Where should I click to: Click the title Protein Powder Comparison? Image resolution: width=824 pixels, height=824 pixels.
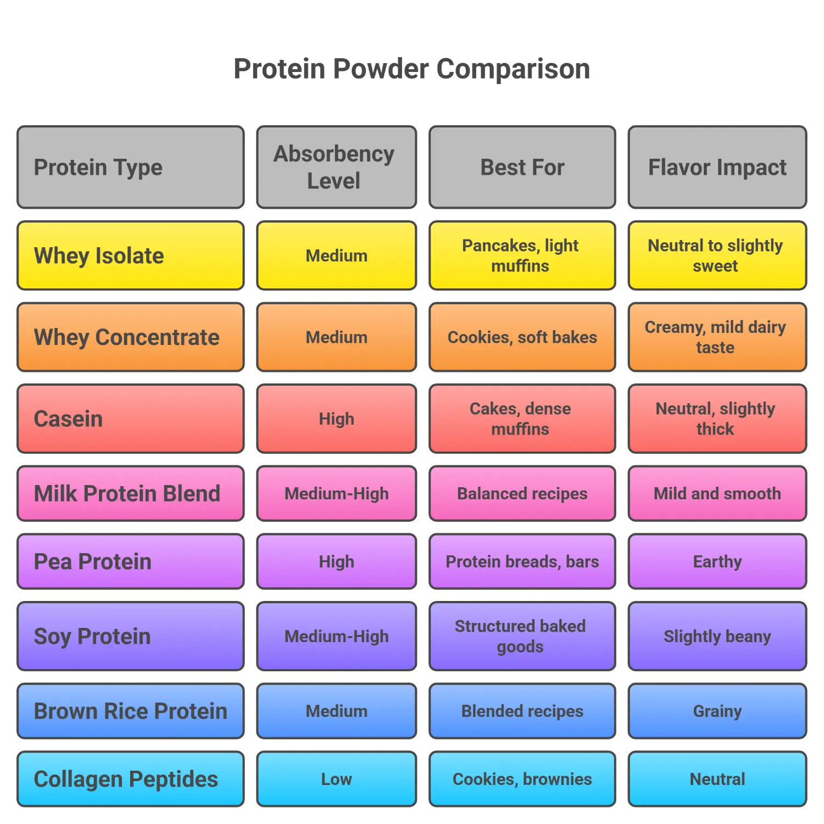pos(411,69)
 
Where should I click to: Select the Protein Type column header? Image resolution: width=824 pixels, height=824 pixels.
pos(130,167)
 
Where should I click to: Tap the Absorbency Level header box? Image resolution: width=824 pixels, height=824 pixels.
pos(336,167)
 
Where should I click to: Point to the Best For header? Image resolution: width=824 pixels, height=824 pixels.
pos(522,167)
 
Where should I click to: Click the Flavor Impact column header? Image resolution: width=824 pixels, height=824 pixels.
pos(717,167)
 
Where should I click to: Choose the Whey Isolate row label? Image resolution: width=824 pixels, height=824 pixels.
pos(130,255)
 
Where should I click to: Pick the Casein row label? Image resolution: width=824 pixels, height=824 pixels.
pos(130,419)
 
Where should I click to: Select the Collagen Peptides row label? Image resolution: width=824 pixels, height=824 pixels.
pos(130,779)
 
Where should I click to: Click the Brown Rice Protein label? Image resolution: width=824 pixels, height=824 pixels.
pos(130,711)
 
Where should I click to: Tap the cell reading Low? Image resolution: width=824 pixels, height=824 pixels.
pos(336,779)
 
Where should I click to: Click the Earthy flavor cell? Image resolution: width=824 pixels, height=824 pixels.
pos(717,561)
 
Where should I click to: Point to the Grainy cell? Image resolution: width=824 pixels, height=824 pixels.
pos(717,711)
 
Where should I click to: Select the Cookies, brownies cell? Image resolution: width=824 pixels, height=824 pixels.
pos(522,779)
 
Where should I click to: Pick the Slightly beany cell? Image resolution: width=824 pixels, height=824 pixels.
pos(717,636)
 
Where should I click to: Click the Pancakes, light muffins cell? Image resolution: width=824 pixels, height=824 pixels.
pos(522,255)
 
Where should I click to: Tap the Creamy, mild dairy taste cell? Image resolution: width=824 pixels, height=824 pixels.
pos(717,337)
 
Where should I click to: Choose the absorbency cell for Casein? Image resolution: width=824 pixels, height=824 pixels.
pos(336,419)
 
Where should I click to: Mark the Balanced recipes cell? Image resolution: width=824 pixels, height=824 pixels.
pos(522,493)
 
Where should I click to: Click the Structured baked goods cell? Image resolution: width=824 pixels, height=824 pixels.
pos(522,636)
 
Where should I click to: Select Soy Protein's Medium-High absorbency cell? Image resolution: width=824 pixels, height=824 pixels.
pos(336,636)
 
